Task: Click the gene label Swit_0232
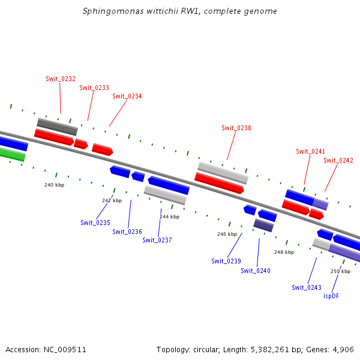pyautogui.click(x=61, y=79)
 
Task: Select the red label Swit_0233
pyautogui.click(x=94, y=88)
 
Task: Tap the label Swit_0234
pyautogui.click(x=127, y=96)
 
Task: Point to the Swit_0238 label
pyautogui.click(x=236, y=128)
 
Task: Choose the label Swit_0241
pyautogui.click(x=310, y=151)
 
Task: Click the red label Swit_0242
pyautogui.click(x=338, y=160)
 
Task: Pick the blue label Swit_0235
pyautogui.click(x=95, y=223)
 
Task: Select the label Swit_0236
pyautogui.click(x=127, y=232)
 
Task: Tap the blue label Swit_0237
pyautogui.click(x=157, y=240)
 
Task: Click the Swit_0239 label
pyautogui.click(x=226, y=261)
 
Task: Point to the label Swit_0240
pyautogui.click(x=256, y=271)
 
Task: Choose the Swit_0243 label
pyautogui.click(x=307, y=287)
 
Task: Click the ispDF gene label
pyautogui.click(x=331, y=296)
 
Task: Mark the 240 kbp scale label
pyautogui.click(x=54, y=185)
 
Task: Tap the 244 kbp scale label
pyautogui.click(x=169, y=217)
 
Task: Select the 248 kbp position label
pyautogui.click(x=284, y=252)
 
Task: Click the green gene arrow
pyautogui.click(x=12, y=154)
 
